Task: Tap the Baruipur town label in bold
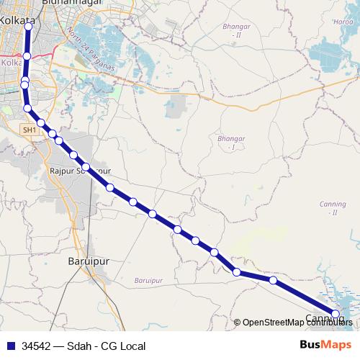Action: (x=87, y=261)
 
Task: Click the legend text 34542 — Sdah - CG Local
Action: (x=84, y=346)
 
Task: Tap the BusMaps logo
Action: (x=326, y=345)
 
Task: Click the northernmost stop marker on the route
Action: (x=28, y=26)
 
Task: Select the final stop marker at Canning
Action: (x=335, y=313)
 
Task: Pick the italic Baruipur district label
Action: (x=148, y=279)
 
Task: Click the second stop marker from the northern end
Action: (x=27, y=55)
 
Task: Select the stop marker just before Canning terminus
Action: (x=273, y=280)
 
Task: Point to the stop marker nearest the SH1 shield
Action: (x=28, y=109)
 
